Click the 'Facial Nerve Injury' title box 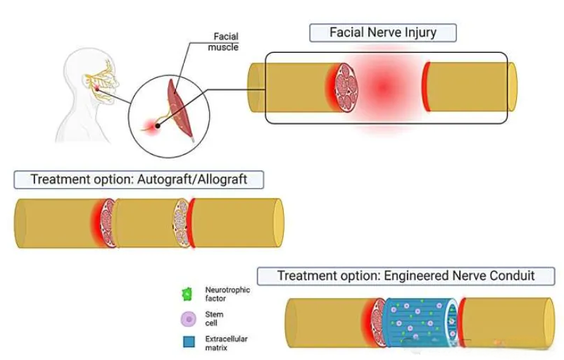[383, 32]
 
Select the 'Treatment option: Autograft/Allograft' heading [139, 179]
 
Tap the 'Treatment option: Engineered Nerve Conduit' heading [406, 275]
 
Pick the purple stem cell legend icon [188, 319]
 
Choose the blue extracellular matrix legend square [188, 344]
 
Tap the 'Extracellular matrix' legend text [226, 343]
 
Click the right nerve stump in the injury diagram [468, 87]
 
